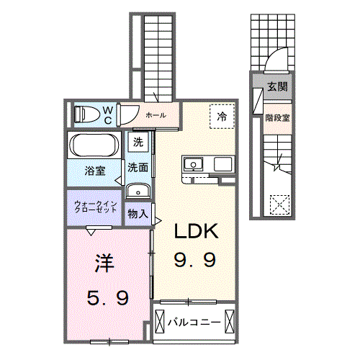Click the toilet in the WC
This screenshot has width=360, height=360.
87,114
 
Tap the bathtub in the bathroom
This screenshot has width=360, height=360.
94,145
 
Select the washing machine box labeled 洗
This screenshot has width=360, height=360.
138,143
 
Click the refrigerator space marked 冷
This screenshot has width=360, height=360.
222,117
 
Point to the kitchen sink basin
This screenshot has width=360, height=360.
193,164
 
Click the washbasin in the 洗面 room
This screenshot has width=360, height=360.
138,191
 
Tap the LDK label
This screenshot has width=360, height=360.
197,231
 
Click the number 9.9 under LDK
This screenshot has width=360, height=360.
194,260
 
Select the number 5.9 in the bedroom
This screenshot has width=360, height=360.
108,297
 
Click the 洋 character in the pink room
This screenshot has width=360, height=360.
104,264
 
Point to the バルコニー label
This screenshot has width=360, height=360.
194,322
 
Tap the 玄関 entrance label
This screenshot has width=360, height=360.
277,86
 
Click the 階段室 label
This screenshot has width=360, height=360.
278,118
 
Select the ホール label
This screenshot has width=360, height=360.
156,115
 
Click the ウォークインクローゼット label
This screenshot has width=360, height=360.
96,207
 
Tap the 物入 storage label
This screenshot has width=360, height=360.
138,214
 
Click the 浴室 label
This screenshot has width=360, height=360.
95,171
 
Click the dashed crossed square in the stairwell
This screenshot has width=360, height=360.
279,205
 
